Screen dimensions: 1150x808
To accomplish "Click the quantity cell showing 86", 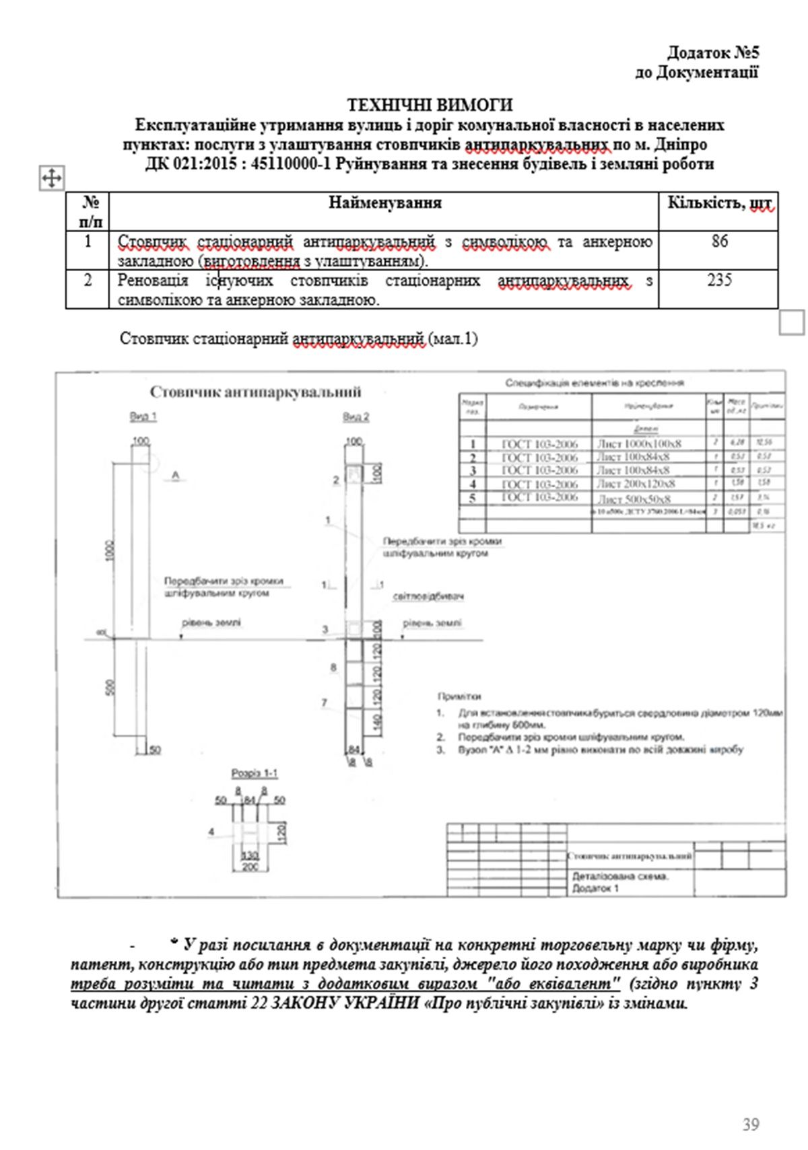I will coord(719,241).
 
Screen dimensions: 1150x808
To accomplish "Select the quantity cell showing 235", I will coord(719,280).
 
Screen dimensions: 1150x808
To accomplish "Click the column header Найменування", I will coord(384,203).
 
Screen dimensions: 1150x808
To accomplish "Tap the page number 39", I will coord(751,1124).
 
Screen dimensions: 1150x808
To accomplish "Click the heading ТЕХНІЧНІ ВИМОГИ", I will coord(429,105).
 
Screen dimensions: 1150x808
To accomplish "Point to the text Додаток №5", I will coord(713,52).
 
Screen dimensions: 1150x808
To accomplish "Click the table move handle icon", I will coord(52,178).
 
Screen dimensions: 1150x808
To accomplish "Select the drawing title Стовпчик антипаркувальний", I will coord(255,392).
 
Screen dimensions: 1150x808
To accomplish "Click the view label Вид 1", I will coord(143,417).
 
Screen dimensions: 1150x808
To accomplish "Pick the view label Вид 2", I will coord(356,417).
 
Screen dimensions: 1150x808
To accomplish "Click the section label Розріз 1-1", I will coord(254,774).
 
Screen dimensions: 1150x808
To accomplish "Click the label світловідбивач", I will coord(429,597).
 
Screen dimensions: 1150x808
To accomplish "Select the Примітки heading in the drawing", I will coord(459,697).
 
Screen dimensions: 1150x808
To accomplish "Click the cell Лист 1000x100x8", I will coord(639,444).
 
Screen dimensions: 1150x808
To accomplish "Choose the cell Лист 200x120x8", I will coord(636,484).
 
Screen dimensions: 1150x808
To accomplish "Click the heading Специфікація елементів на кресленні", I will coord(595,383).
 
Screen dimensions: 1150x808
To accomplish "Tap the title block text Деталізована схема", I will coord(620,877).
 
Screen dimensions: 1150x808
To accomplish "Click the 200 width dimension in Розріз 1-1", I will coord(250,867).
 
